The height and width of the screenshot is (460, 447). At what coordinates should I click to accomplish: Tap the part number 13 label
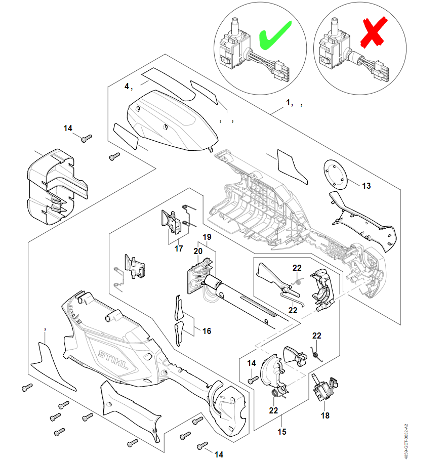(x=366, y=186)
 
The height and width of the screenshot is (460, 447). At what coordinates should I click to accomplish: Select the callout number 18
(x=325, y=415)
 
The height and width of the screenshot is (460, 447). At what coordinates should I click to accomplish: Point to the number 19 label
(x=207, y=237)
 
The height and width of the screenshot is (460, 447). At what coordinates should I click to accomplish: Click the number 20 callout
(x=198, y=250)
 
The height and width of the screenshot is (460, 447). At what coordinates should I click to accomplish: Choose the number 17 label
(x=179, y=248)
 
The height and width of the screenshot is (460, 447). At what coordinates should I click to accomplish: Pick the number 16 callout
(x=207, y=331)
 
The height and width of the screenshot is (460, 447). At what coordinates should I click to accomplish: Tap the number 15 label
(x=282, y=432)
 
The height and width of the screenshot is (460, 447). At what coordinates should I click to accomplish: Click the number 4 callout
(x=127, y=86)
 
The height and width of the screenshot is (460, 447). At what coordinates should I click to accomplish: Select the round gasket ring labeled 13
(x=336, y=174)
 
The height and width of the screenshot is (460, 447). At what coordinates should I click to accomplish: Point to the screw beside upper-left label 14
(x=87, y=137)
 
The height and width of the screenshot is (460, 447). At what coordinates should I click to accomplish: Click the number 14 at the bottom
(x=219, y=454)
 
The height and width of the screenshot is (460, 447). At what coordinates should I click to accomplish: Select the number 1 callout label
(x=289, y=102)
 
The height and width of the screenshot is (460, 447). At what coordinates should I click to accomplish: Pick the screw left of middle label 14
(x=253, y=379)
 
